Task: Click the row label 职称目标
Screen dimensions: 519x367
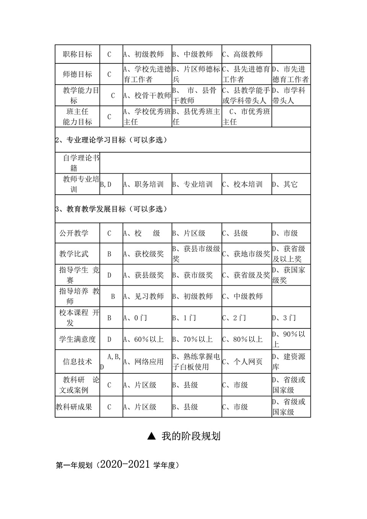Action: point(77,54)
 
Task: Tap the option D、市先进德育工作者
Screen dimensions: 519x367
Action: point(291,74)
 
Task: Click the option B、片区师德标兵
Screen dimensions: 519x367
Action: point(196,74)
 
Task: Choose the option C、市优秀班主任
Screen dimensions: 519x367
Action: point(247,116)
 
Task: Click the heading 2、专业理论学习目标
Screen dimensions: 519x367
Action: point(111,140)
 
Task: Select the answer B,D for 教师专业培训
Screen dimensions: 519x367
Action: point(106,184)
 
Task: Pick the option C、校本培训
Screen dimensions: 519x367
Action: point(242,184)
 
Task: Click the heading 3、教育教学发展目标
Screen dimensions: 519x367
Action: point(111,209)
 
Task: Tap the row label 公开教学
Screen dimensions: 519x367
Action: point(74,233)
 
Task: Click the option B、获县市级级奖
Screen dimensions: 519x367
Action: point(196,254)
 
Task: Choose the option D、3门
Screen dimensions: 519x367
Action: point(284,318)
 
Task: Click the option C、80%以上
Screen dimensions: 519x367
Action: point(242,339)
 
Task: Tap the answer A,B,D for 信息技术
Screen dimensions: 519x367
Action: point(110,361)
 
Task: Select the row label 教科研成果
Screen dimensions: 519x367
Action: point(74,407)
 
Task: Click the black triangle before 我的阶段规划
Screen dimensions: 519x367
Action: point(152,436)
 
